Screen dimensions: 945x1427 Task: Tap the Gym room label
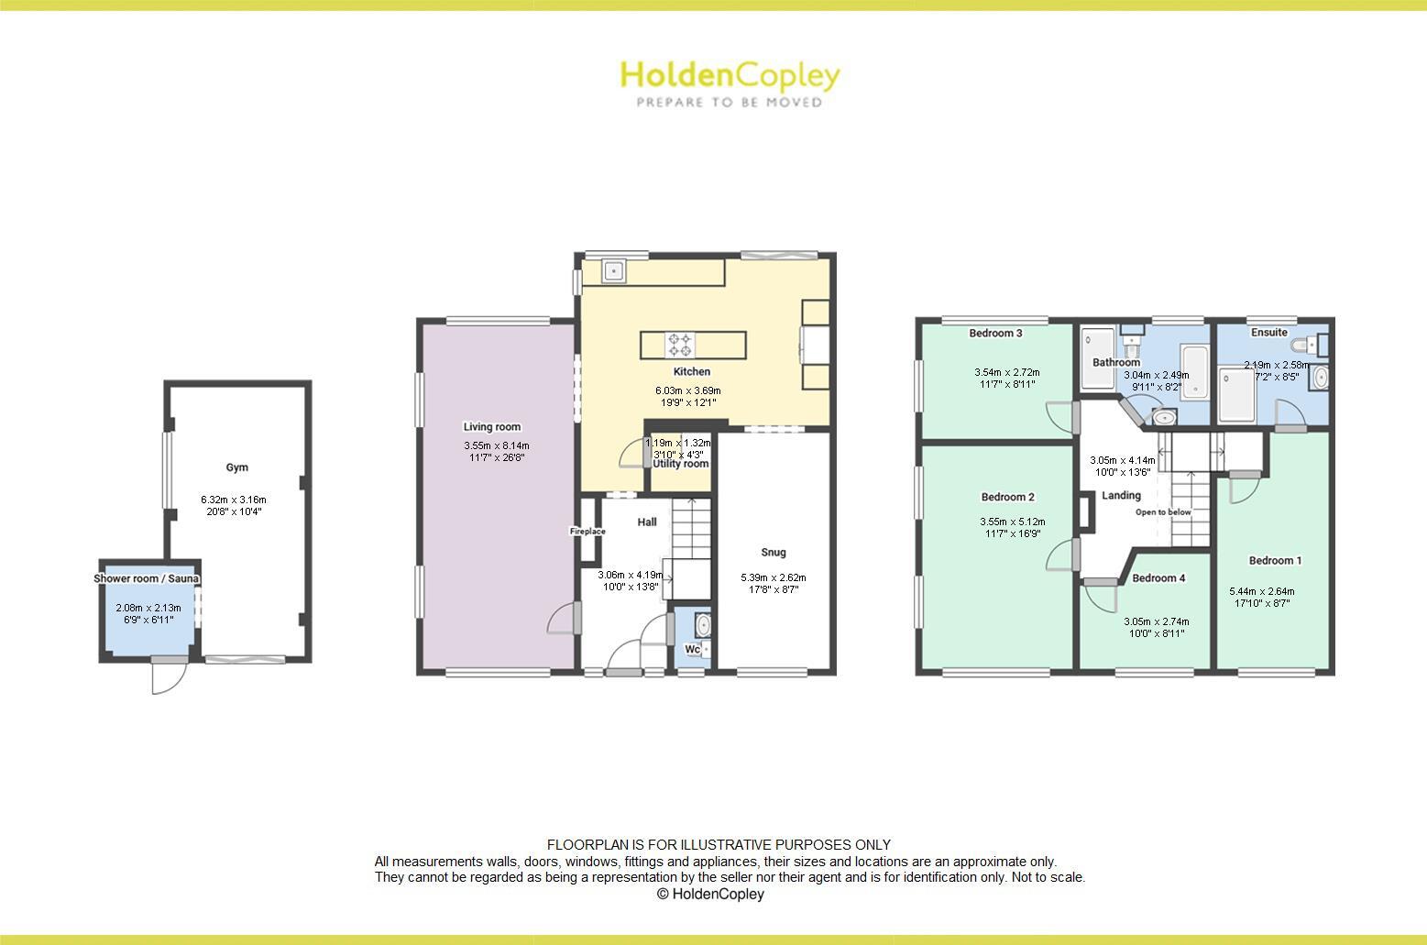click(237, 467)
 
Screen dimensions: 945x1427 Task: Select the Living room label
click(491, 427)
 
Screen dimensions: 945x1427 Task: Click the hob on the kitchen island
click(680, 344)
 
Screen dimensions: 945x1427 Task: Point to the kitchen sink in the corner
click(612, 270)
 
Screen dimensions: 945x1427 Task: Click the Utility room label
click(680, 464)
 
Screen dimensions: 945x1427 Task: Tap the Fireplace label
click(587, 532)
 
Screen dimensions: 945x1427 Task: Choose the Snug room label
click(774, 553)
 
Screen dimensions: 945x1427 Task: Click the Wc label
click(693, 650)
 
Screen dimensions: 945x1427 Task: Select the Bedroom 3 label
click(995, 334)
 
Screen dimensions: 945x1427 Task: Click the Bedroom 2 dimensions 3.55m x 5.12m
click(1012, 522)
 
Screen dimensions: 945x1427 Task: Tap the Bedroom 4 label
click(1158, 578)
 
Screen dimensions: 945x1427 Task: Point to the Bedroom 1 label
click(1275, 561)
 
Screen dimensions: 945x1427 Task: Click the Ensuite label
click(1268, 333)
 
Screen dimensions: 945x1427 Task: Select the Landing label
click(1121, 496)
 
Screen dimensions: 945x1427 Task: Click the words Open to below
click(1163, 512)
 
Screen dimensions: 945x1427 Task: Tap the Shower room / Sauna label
click(147, 579)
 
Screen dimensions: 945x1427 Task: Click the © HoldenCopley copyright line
click(710, 894)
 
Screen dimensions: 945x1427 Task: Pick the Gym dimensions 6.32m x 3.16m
click(237, 500)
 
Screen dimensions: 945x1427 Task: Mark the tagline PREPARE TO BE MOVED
click(730, 103)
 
